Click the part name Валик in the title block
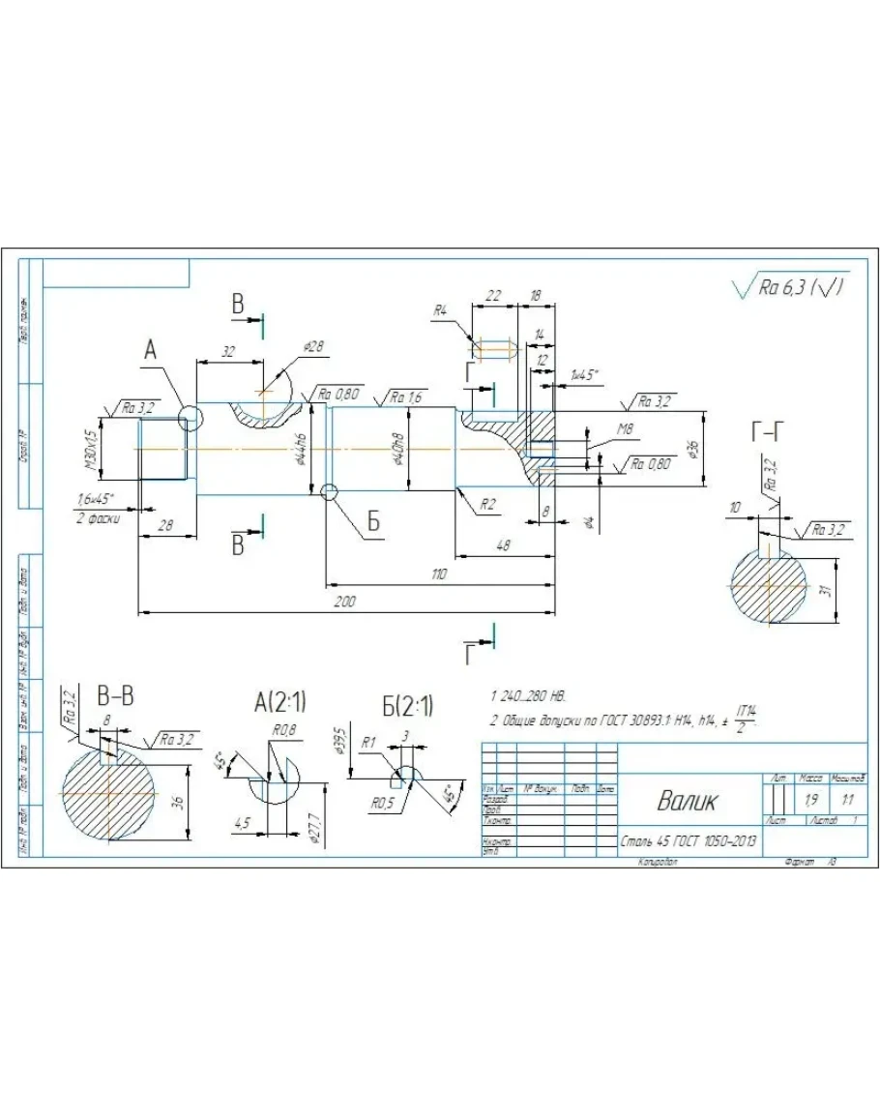[x=689, y=801]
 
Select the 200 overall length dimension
[x=345, y=602]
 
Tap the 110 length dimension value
[x=439, y=574]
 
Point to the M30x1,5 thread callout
[x=91, y=451]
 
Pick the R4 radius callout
[x=440, y=310]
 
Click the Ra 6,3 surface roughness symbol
[x=791, y=287]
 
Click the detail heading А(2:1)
[x=279, y=703]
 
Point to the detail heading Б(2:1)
[x=407, y=703]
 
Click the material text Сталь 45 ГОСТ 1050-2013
[x=689, y=841]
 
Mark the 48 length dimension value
[x=504, y=546]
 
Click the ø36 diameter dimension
[x=691, y=449]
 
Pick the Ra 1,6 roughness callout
[x=406, y=397]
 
